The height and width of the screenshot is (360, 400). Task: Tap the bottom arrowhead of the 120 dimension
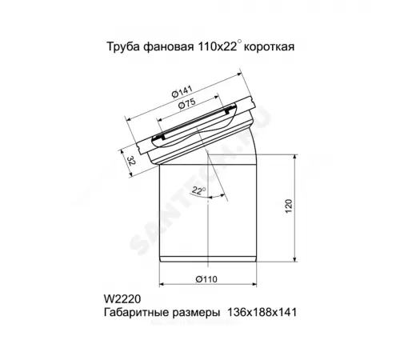coord(297,262)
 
